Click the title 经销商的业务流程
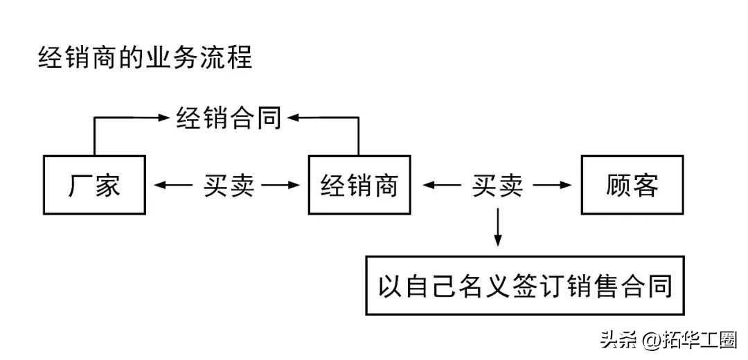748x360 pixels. [145, 57]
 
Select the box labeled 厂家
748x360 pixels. [94, 185]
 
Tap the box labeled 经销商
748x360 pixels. [359, 185]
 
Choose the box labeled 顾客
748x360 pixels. [631, 185]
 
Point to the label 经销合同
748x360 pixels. [228, 118]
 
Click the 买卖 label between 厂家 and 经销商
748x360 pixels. [228, 185]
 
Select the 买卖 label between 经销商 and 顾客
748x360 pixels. [497, 185]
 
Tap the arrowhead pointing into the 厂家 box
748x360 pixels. [158, 185]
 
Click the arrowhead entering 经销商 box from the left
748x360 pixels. [296, 185]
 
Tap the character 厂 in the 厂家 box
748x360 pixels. [80, 185]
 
